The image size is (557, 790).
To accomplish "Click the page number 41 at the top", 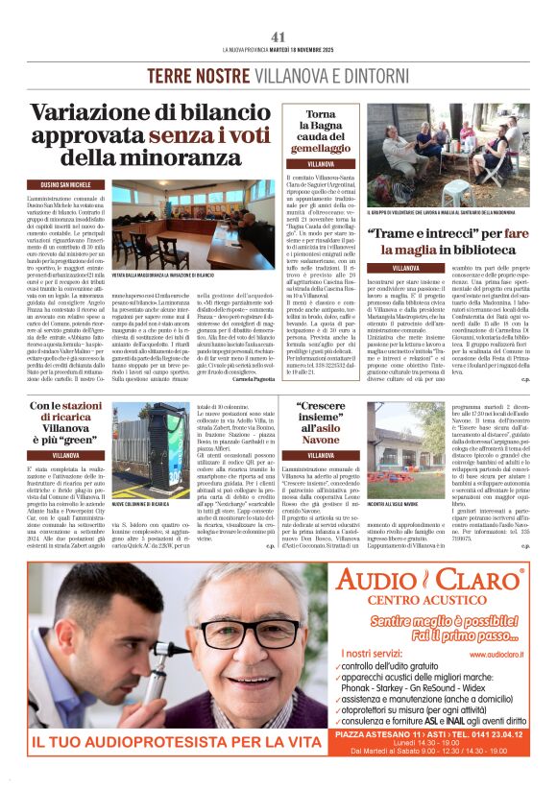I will pos(278,36).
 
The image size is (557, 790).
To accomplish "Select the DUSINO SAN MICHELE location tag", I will pos(64,182).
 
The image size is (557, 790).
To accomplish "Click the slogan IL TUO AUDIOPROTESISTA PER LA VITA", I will pos(161,741).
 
